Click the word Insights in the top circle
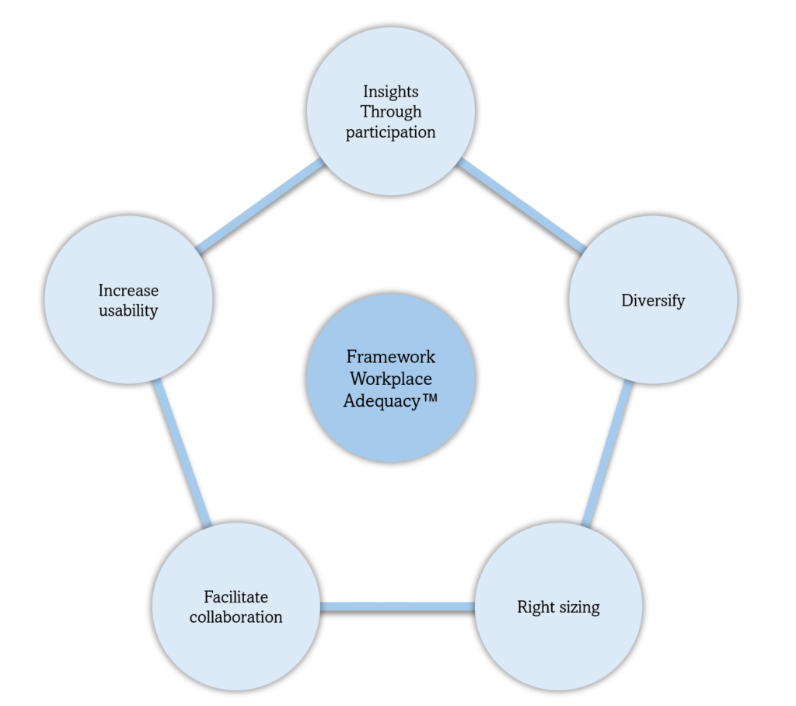pyautogui.click(x=390, y=93)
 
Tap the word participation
pyautogui.click(x=390, y=132)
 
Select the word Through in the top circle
pyautogui.click(x=390, y=112)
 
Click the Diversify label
pyautogui.click(x=653, y=300)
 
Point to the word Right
pyautogui.click(x=534, y=606)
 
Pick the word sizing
pyautogui.click(x=577, y=607)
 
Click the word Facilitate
pyautogui.click(x=236, y=597)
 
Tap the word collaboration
pyautogui.click(x=236, y=617)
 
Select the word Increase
pyautogui.click(x=128, y=291)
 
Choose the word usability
pyautogui.click(x=128, y=311)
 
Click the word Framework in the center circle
pyautogui.click(x=390, y=357)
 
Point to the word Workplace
pyautogui.click(x=390, y=379)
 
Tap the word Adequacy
pyautogui.click(x=381, y=403)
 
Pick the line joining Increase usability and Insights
pyautogui.click(x=260, y=207)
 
